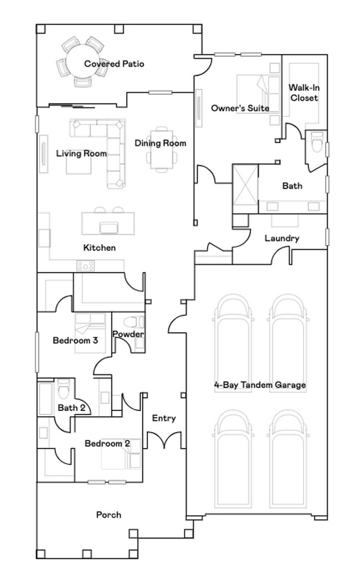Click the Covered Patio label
[114, 64]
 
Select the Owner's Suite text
[240, 108]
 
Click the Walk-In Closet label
[304, 93]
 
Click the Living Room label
[81, 153]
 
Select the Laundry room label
[282, 238]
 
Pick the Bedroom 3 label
[75, 340]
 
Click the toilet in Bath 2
[63, 389]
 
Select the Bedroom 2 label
[107, 443]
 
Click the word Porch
[109, 515]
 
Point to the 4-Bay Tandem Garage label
[260, 384]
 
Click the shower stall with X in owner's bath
[245, 186]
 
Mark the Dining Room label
[161, 143]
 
